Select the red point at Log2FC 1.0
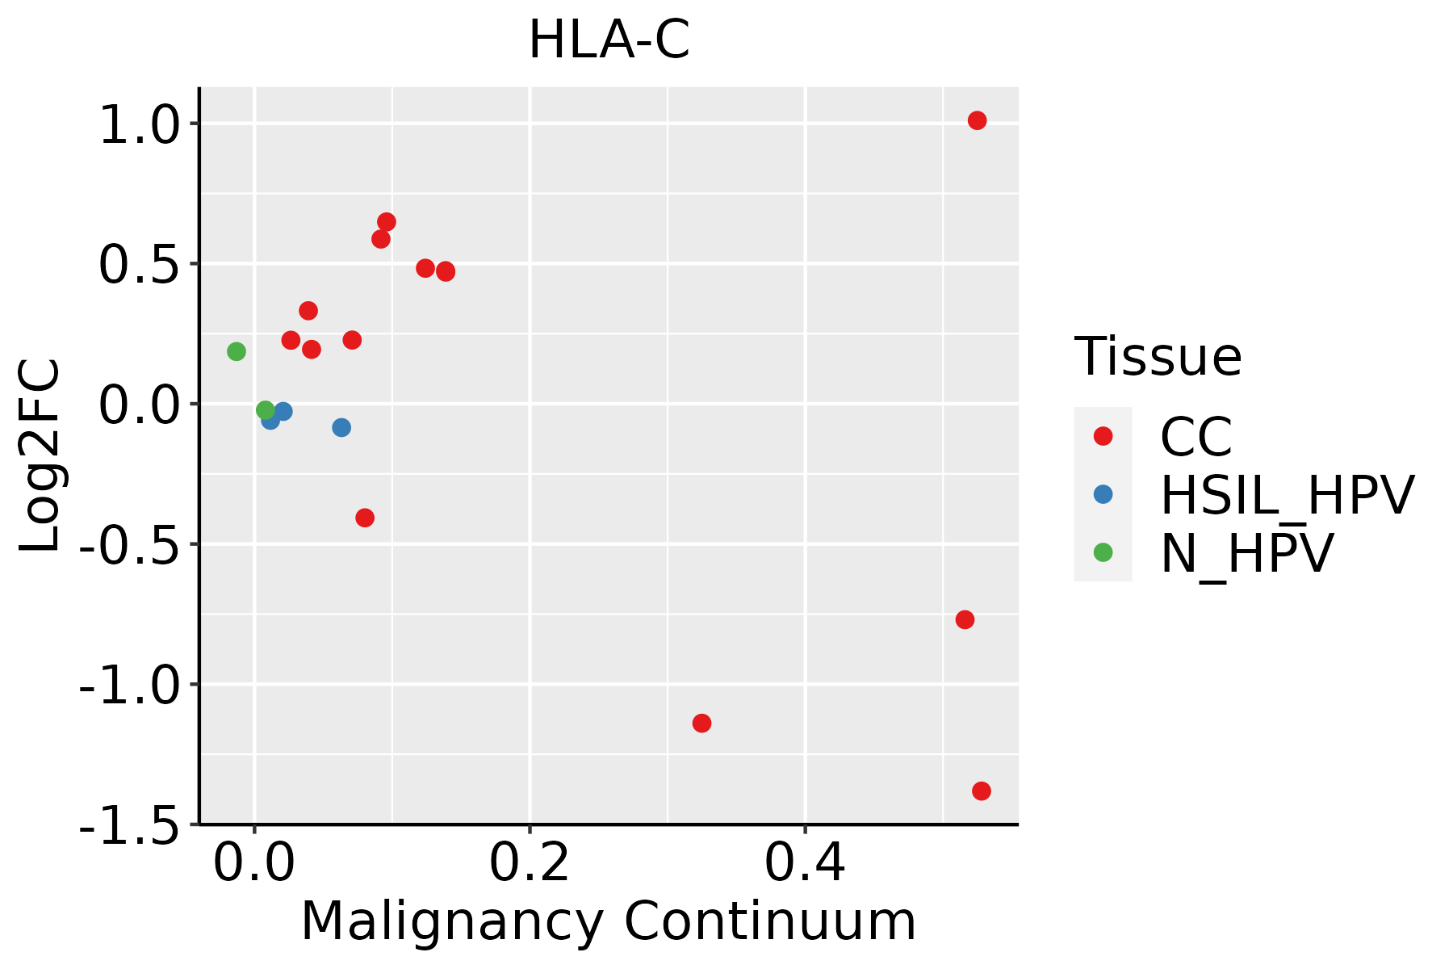tap(977, 121)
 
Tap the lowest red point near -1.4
tap(982, 791)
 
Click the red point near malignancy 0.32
tap(701, 723)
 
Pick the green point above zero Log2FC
tap(237, 351)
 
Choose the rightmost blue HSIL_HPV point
tap(341, 427)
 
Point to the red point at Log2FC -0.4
tap(365, 518)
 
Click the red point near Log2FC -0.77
tap(965, 619)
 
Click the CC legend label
tap(1195, 437)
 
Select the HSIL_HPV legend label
tap(1287, 495)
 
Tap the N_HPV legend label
tap(1246, 553)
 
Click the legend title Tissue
tap(1158, 356)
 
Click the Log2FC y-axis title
tap(40, 456)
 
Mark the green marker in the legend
tap(1103, 552)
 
